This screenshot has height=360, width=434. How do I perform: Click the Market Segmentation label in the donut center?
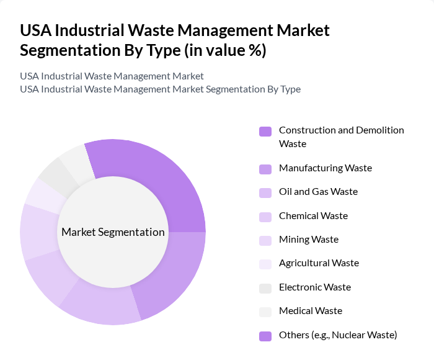pyautogui.click(x=113, y=232)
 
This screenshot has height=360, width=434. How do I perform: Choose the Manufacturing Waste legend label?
pyautogui.click(x=325, y=168)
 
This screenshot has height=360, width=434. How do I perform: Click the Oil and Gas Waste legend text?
pyautogui.click(x=318, y=192)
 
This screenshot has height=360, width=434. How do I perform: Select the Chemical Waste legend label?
pyautogui.click(x=313, y=216)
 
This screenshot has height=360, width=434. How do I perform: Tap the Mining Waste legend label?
pyautogui.click(x=309, y=240)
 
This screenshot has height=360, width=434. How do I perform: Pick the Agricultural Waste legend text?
pyautogui.click(x=319, y=263)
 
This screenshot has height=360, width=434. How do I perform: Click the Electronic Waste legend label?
pyautogui.click(x=315, y=287)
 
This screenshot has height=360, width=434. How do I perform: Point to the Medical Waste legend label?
pyautogui.click(x=311, y=311)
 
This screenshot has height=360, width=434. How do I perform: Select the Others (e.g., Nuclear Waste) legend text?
pyautogui.click(x=338, y=335)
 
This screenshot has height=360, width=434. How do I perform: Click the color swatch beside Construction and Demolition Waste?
pyautogui.click(x=265, y=132)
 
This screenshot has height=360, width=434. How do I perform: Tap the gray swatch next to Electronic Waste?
pyautogui.click(x=265, y=288)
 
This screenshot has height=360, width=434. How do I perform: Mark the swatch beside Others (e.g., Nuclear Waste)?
pyautogui.click(x=265, y=336)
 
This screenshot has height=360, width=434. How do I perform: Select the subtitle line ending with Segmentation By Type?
pyautogui.click(x=160, y=89)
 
